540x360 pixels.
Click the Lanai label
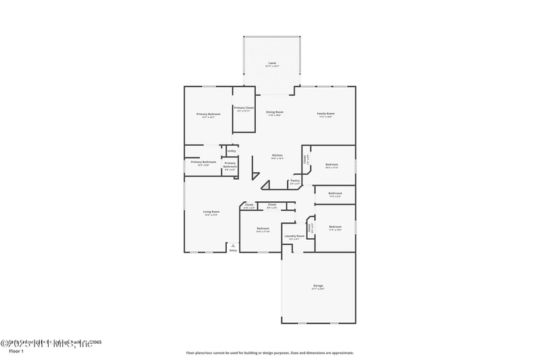point(271,63)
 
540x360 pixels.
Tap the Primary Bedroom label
point(208,114)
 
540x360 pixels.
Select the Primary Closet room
point(244,109)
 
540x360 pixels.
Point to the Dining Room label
point(274,112)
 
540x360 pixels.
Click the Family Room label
point(326,113)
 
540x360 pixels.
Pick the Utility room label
point(232,151)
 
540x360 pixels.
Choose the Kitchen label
point(277,156)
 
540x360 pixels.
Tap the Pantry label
point(295,180)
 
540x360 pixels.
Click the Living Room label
point(211,211)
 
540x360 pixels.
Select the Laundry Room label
point(294,236)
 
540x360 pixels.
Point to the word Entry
point(234,251)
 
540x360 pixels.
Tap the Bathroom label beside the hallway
point(335,193)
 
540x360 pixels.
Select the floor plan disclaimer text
point(270,353)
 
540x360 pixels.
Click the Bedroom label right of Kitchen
point(332,165)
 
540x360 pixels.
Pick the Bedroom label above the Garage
point(335,227)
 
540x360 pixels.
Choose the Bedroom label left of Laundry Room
point(263,228)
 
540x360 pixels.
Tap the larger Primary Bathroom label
point(203,162)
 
